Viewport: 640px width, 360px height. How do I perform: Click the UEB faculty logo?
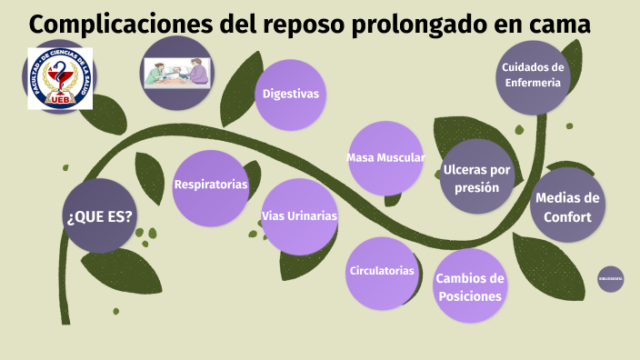point(59,77)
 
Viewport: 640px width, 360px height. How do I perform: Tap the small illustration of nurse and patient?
point(177,73)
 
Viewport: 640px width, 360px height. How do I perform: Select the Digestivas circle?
point(291,94)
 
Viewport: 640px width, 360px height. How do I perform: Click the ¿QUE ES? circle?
point(99,216)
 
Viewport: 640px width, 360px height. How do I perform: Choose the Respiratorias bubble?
point(211,185)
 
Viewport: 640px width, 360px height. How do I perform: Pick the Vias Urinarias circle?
point(299,216)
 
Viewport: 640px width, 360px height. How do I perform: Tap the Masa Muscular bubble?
point(385,158)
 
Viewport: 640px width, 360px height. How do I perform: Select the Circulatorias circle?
point(382,271)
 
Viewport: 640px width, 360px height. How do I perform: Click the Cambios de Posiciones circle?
point(470,286)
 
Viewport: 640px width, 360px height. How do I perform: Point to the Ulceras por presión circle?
point(477,177)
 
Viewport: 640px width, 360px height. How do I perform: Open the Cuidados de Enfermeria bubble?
point(534,75)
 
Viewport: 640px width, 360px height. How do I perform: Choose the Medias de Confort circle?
point(567,207)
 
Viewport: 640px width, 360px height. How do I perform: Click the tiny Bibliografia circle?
point(610,278)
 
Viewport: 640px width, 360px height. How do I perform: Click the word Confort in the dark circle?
point(567,217)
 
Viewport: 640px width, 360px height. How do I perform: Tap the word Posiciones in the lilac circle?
point(469,296)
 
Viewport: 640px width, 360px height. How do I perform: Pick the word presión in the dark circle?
point(477,188)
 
